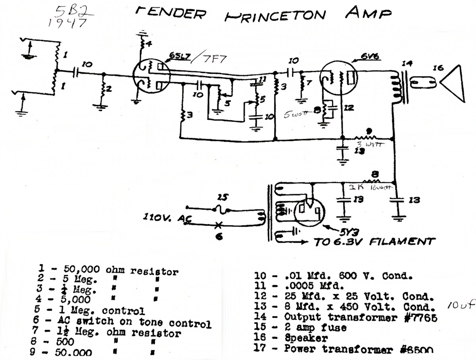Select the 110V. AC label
coord(163,218)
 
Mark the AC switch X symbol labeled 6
coord(218,225)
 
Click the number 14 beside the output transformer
coord(406,63)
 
